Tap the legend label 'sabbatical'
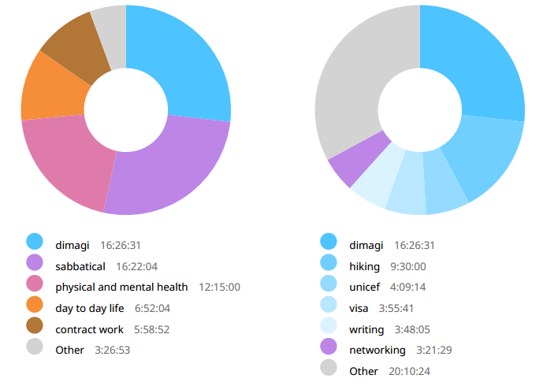point(80,266)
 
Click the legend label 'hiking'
point(364,266)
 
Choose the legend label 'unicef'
point(364,287)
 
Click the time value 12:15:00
point(219,287)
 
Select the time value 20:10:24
point(409,370)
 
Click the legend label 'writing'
point(366,329)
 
